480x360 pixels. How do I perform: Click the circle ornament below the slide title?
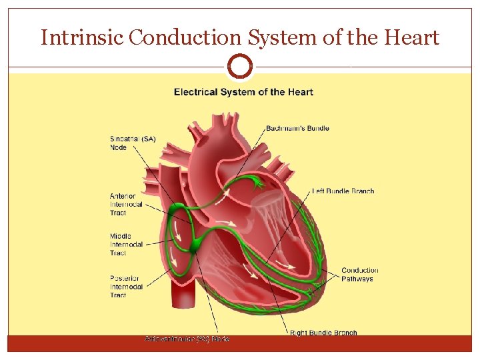coord(240,67)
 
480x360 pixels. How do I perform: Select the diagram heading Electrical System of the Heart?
coord(243,92)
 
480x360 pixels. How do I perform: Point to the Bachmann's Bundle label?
coord(297,128)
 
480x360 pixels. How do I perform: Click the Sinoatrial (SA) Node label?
coord(133,143)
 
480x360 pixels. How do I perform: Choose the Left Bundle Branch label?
coord(343,191)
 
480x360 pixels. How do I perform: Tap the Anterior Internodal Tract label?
coord(126,204)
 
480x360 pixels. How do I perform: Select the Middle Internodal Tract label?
coord(126,244)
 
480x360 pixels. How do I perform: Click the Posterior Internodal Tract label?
coord(127,286)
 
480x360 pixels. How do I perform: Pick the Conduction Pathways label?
coord(359,274)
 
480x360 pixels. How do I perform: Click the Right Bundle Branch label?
coord(323,333)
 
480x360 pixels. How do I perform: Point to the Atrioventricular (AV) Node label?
coord(187,339)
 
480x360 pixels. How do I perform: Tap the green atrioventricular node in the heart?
coord(195,247)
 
